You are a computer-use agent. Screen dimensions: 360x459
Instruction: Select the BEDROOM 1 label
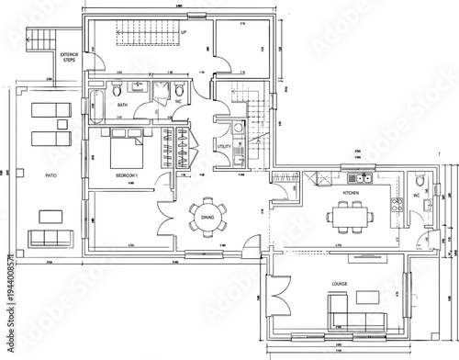click(x=126, y=174)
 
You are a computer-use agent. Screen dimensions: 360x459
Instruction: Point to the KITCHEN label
click(x=351, y=194)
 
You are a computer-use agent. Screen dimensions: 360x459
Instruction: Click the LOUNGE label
click(x=341, y=286)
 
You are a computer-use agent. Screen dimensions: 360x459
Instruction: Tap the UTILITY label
click(x=224, y=146)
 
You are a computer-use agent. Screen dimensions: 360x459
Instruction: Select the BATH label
click(x=123, y=107)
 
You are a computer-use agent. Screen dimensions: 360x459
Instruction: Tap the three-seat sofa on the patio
click(x=49, y=240)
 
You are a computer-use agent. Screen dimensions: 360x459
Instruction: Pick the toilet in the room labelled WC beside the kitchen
click(x=419, y=179)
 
